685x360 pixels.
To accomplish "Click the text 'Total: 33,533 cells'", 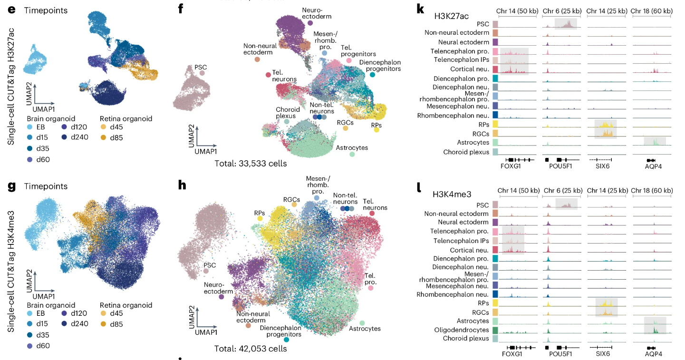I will click(x=250, y=164).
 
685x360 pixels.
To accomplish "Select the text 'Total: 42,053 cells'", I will click(x=250, y=349).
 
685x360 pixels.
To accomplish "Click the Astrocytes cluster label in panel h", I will click(x=365, y=329).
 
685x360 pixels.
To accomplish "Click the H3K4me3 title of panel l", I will click(x=452, y=194).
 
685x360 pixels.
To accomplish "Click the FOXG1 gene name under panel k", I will click(x=511, y=167).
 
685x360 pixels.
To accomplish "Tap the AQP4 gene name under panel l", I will click(x=653, y=354).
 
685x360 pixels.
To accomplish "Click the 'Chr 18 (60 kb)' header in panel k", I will click(x=652, y=10).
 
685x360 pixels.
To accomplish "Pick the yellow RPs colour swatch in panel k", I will click(x=495, y=124).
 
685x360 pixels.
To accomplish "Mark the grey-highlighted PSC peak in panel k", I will click(x=565, y=24).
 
